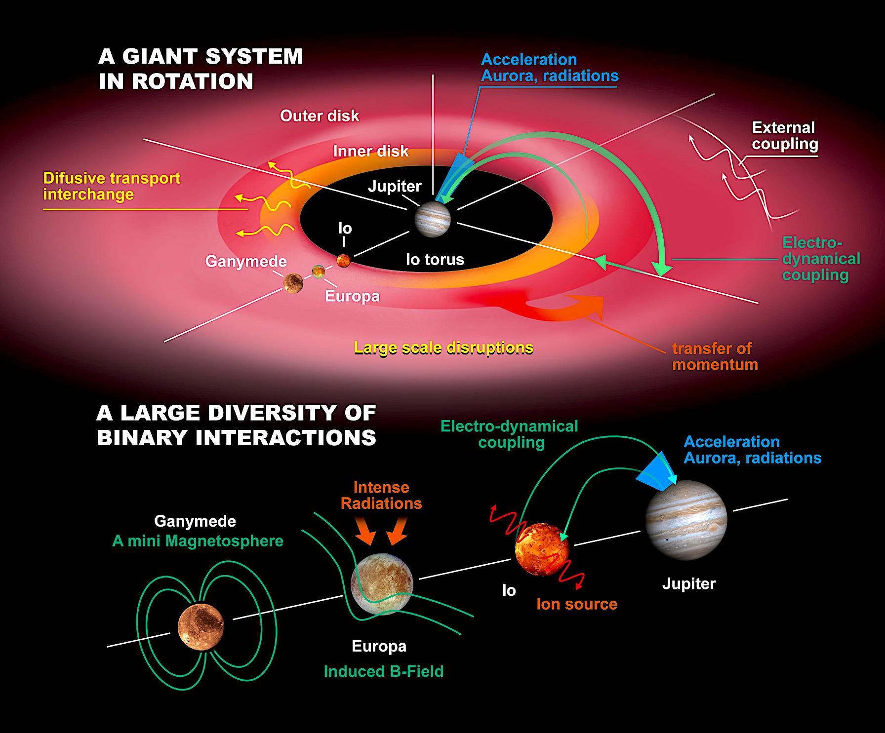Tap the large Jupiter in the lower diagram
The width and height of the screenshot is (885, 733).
point(686,520)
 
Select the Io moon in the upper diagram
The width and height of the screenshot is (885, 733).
point(344,260)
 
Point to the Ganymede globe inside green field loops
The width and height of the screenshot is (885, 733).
point(201,626)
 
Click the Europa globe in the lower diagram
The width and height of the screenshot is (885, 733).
point(381,583)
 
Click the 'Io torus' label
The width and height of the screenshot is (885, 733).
point(435,259)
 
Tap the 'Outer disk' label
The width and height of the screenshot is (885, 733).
point(320,116)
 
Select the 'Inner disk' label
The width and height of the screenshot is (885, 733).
point(371,151)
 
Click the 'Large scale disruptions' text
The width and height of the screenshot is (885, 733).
point(443,347)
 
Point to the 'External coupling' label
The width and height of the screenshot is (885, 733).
point(784,136)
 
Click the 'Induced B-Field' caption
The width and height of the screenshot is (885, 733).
point(384,671)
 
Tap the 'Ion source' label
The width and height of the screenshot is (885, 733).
point(577,604)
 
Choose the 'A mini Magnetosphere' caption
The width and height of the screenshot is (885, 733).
point(198,541)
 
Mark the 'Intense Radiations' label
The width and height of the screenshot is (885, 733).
point(381,496)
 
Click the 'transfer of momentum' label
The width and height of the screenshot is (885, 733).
point(715,356)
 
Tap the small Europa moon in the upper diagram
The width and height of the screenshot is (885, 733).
point(319,271)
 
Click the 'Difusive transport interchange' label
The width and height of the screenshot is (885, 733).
point(112,186)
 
